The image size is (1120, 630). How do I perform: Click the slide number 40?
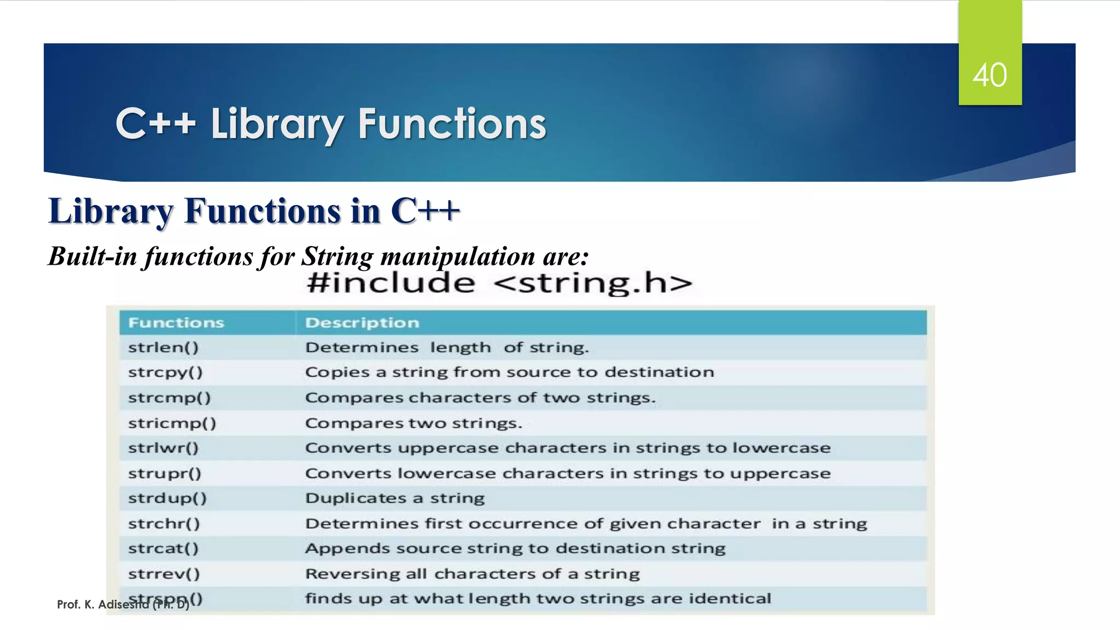tap(989, 75)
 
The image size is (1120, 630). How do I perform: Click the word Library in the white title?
tap(277, 124)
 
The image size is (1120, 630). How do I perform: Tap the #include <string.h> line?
tap(499, 283)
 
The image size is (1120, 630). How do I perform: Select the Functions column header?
tap(176, 323)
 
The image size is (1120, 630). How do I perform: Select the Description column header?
tap(362, 323)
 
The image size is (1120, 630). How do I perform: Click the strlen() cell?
tap(163, 348)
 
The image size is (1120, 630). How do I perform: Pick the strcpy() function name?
tap(165, 372)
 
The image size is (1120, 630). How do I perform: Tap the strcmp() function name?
tap(169, 398)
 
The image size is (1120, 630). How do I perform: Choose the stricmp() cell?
tap(172, 423)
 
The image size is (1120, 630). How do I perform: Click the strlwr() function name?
tap(163, 448)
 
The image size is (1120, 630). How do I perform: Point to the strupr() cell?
tap(165, 473)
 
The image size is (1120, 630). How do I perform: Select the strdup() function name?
tap(167, 498)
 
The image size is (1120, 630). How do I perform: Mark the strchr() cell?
tap(164, 523)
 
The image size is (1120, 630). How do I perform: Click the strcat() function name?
tap(163, 549)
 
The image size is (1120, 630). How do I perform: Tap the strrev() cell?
tap(164, 574)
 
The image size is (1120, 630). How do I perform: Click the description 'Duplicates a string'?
tap(395, 498)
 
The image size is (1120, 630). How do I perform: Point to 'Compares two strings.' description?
tap(413, 423)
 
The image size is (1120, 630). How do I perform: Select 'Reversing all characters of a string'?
tap(472, 574)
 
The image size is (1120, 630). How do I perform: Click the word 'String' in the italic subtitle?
tap(337, 256)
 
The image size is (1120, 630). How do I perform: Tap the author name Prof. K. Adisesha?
tap(104, 604)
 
